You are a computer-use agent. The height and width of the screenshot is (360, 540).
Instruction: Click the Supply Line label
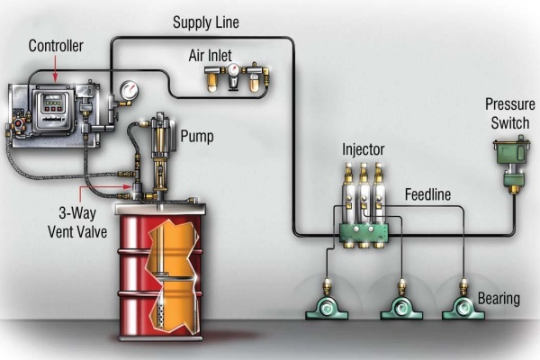(206, 21)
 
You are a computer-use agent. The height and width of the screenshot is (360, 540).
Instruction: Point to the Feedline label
(427, 193)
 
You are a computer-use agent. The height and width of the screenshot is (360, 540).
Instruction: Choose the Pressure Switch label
(509, 113)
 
